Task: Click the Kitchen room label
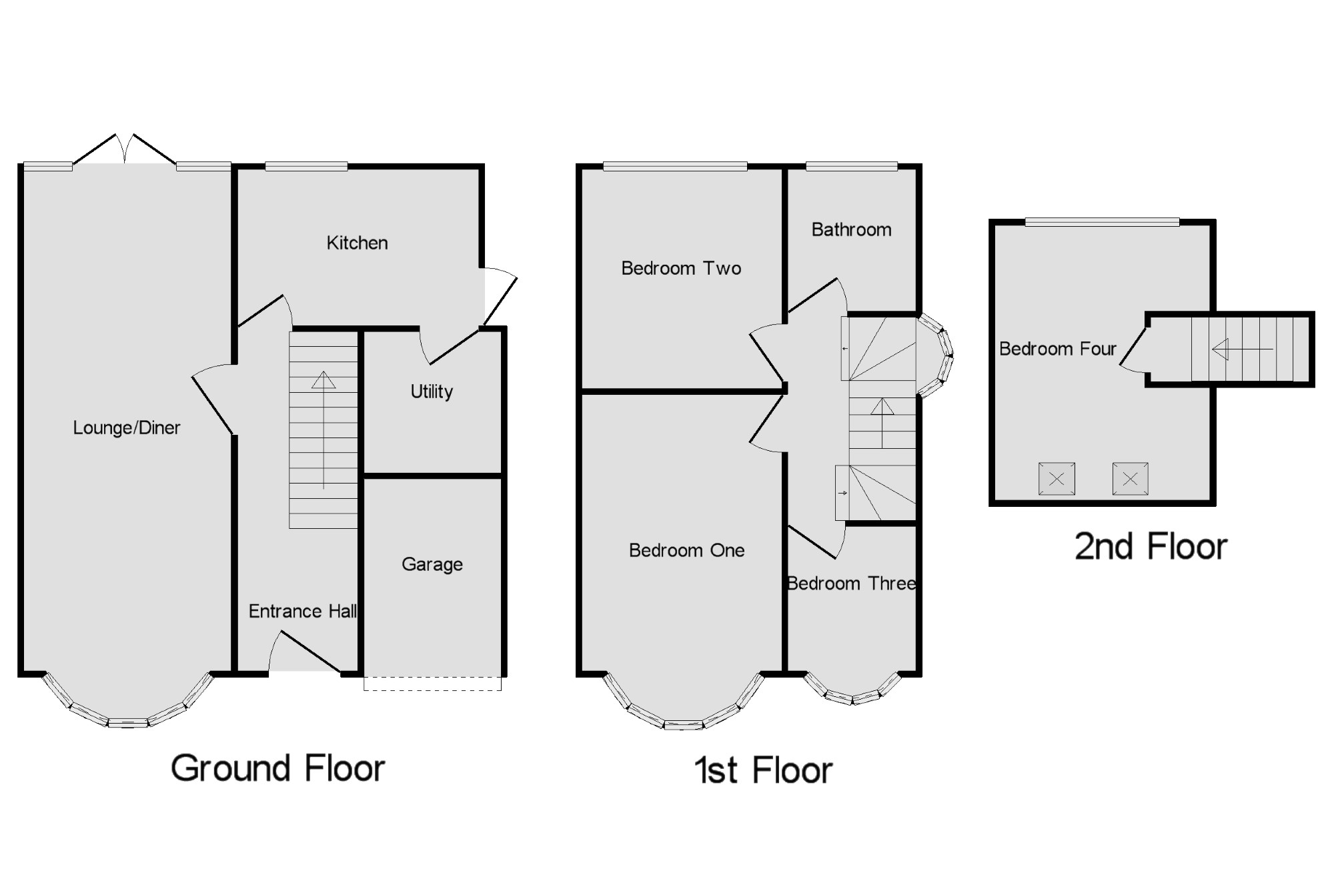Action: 357,243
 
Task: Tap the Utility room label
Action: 432,391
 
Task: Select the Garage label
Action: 432,564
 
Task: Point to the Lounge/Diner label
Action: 127,427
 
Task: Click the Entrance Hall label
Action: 303,611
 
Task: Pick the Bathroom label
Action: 851,230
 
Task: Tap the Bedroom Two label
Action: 681,268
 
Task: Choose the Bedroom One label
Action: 686,550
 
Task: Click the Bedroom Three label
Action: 851,584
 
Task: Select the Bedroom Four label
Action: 1057,349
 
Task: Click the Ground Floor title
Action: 278,768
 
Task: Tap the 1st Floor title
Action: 763,771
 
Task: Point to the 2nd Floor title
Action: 1151,547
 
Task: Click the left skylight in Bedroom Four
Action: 1057,479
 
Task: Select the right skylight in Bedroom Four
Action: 1130,479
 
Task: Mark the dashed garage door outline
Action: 432,684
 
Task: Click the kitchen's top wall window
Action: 306,167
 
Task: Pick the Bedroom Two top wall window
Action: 675,167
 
